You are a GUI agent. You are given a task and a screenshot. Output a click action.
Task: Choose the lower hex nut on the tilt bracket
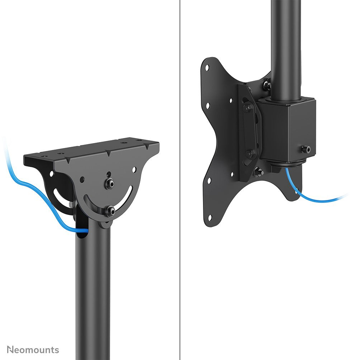pos(250,154)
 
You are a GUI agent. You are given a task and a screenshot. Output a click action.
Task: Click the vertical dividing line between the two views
pos(179,179)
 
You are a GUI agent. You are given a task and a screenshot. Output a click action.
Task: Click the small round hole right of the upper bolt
pos(133,169)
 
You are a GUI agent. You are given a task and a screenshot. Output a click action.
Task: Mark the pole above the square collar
pos(285,47)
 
